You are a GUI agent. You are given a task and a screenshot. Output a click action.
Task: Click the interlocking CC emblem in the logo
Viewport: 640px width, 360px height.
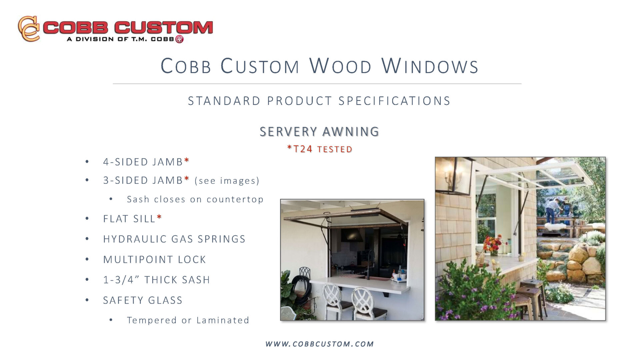click(x=29, y=29)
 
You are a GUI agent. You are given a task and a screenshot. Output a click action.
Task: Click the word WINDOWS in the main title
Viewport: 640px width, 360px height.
click(x=430, y=66)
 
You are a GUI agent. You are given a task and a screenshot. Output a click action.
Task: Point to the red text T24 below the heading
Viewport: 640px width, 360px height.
click(x=303, y=149)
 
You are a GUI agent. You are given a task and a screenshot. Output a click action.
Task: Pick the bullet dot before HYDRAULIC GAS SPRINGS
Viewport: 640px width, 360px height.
click(x=87, y=239)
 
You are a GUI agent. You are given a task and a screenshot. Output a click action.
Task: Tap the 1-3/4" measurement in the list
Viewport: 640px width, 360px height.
click(x=118, y=279)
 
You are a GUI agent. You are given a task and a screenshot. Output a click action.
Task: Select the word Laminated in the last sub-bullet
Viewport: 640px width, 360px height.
click(x=223, y=320)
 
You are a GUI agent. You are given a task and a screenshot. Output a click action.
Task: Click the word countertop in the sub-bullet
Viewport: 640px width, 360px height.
click(x=235, y=199)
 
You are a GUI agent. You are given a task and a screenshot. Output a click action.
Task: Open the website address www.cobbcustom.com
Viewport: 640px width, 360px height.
click(x=319, y=344)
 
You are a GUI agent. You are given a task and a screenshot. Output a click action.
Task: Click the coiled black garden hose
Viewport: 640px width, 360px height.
click(x=301, y=290)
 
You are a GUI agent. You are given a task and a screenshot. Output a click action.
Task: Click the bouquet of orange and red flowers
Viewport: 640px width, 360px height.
click(x=493, y=244)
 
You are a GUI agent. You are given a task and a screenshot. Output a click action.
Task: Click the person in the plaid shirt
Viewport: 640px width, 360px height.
click(x=552, y=210)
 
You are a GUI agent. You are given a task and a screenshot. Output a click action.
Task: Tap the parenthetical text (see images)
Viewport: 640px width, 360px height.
click(x=227, y=181)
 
